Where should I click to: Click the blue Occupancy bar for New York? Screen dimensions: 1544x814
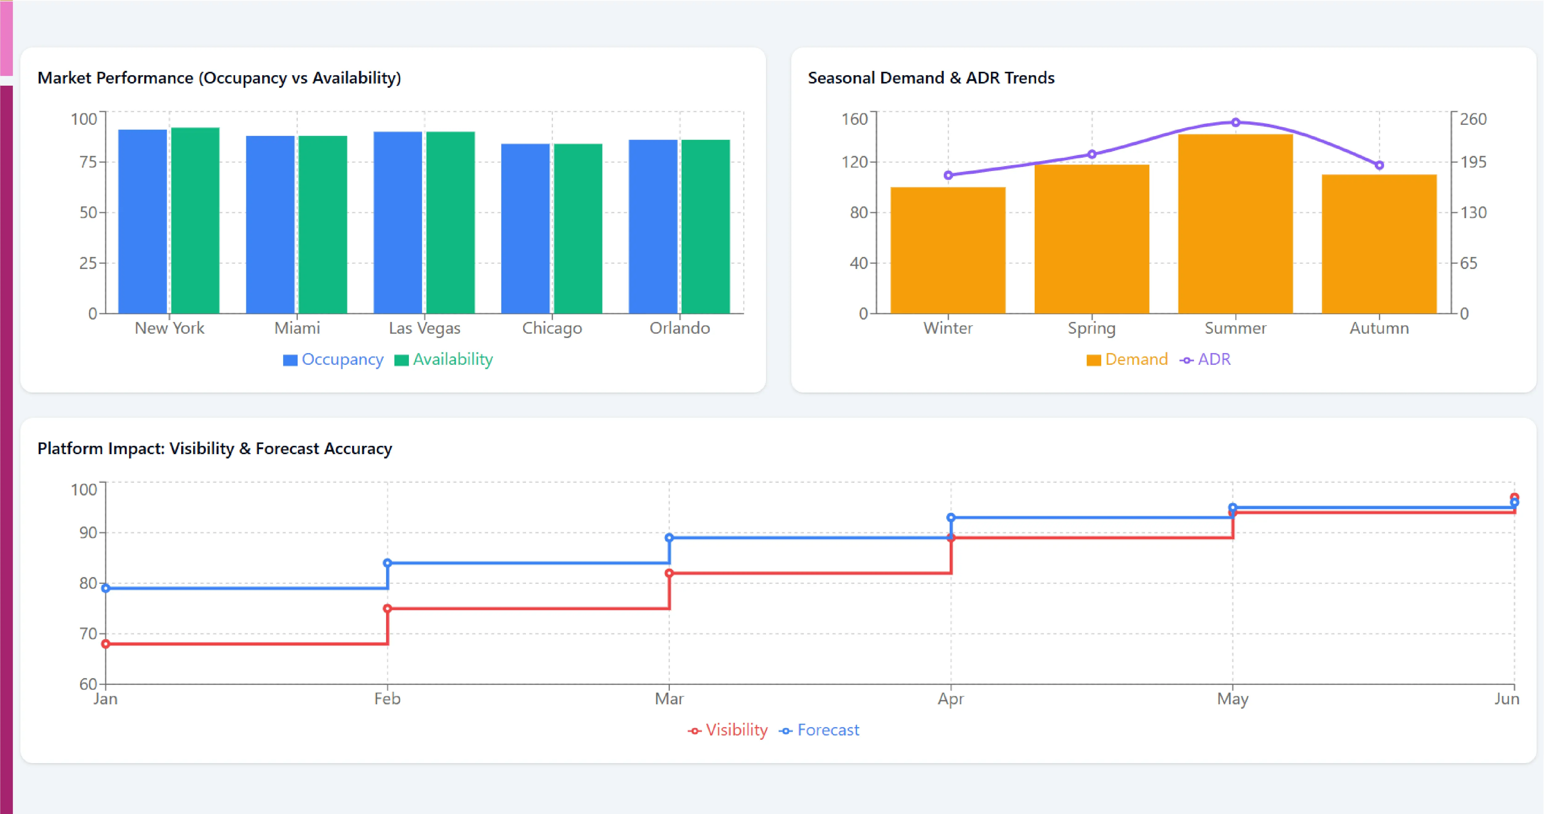[143, 221]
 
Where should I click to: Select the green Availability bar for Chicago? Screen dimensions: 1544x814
[578, 228]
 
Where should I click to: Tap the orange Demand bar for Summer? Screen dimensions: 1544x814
[1235, 224]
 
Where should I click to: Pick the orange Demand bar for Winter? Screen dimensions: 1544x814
[947, 250]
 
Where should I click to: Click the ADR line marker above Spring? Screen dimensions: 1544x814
[1091, 154]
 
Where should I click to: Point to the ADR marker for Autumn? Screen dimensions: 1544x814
[1379, 165]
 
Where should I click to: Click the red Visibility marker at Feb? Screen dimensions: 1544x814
[387, 608]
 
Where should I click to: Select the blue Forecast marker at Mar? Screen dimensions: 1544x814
[669, 538]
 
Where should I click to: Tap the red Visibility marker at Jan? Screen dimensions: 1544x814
[105, 644]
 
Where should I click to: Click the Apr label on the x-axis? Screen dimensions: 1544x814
[951, 699]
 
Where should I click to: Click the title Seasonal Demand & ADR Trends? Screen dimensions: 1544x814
[931, 78]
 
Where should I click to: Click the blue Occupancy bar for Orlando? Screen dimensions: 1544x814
[653, 226]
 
